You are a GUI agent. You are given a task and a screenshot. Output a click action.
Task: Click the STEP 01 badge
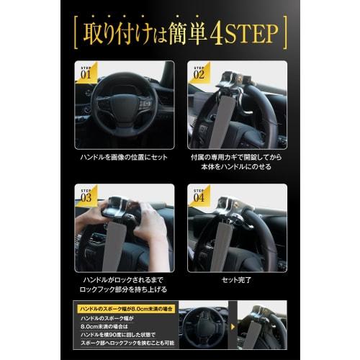pos(85,71)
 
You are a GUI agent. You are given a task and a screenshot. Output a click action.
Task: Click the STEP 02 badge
pos(199,71)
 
